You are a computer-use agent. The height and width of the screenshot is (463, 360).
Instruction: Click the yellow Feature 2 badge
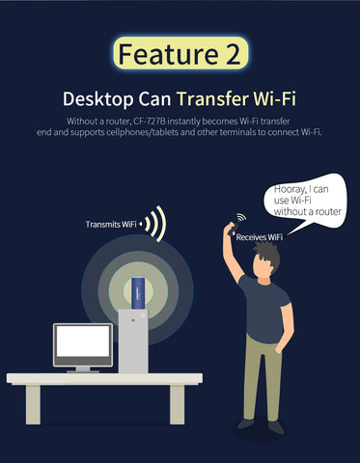(x=180, y=54)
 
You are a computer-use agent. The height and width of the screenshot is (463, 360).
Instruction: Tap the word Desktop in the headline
(x=97, y=99)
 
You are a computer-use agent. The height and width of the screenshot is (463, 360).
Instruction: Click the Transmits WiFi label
(x=111, y=224)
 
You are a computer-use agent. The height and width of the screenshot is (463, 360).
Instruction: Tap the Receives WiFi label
(x=260, y=237)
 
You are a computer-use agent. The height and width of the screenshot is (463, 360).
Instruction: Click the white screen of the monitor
(x=83, y=340)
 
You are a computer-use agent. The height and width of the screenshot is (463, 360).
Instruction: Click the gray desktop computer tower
(x=133, y=341)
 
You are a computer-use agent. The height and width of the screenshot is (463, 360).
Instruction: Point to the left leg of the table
(x=33, y=404)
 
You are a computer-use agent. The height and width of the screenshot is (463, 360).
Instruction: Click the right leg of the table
(x=178, y=404)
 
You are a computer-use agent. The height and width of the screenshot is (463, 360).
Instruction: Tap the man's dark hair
(x=267, y=255)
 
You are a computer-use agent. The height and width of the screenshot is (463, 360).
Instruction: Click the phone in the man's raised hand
(x=233, y=230)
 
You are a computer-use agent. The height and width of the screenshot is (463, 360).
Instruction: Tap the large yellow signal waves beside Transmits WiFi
(x=156, y=224)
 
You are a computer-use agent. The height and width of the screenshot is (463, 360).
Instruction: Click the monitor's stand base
(x=83, y=370)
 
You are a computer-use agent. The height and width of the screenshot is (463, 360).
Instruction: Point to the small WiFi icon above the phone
(x=241, y=218)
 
